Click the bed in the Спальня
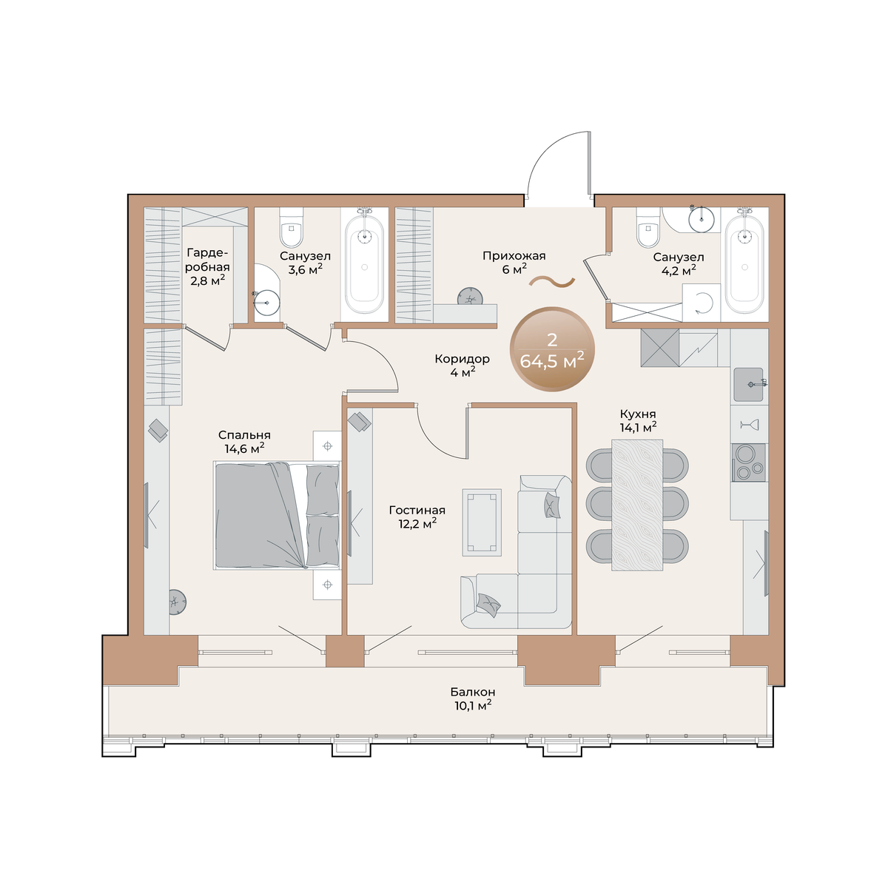point(277,516)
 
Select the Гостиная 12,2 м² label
point(417,517)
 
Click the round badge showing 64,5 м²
point(551,349)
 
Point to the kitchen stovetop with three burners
point(748,462)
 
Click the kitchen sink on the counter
point(748,384)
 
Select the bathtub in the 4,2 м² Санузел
point(744,261)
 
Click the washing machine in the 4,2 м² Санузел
point(701,303)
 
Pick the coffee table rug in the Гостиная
point(482,522)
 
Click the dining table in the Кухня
point(637,505)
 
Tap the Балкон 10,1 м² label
point(473,699)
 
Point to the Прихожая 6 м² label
point(514,262)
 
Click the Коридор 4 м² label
point(462,366)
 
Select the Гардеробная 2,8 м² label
point(208,266)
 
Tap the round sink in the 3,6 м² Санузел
point(266,303)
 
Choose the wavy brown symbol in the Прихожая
point(551,282)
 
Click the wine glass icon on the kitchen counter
point(749,425)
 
